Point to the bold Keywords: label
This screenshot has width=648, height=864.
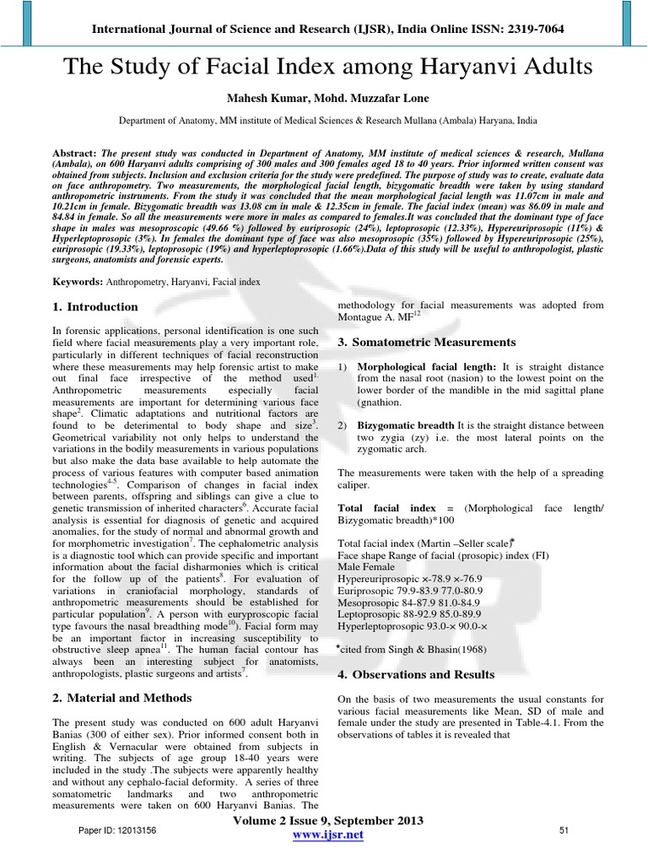click(78, 280)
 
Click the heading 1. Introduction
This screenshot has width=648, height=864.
click(95, 307)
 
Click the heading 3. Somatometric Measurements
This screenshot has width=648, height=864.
click(426, 343)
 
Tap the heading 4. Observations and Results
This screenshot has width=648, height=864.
click(416, 675)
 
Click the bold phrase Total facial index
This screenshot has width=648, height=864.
click(386, 509)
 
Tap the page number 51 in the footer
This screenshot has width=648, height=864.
click(565, 832)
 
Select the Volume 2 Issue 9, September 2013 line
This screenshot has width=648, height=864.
click(326, 820)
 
